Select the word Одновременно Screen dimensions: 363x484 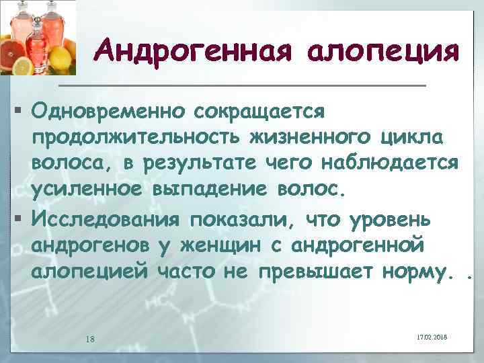tap(108, 108)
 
